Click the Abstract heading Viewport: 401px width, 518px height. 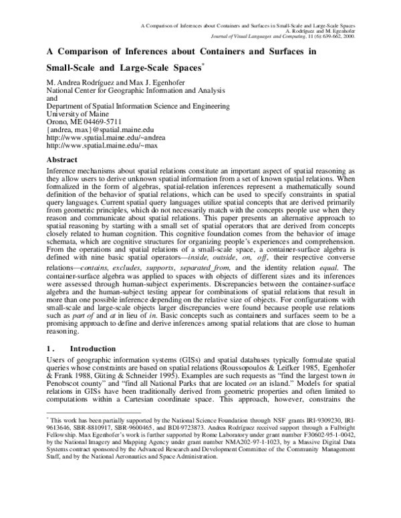tap(64, 160)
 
